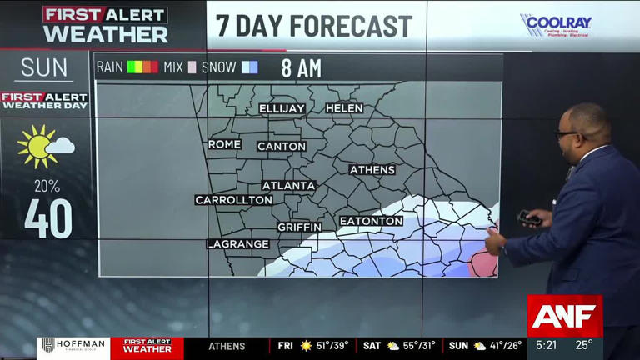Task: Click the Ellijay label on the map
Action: point(282,108)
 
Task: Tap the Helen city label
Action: point(344,108)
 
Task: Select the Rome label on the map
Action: point(224,144)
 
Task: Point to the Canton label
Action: point(282,146)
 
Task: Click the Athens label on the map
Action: point(372,170)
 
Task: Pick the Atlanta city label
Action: point(289,185)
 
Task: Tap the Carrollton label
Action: point(234,200)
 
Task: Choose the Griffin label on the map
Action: point(300,227)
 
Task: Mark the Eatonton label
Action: point(371,221)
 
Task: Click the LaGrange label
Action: point(238,244)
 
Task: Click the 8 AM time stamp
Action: point(301,68)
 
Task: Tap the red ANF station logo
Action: point(564,317)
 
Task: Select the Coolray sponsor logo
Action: point(556,25)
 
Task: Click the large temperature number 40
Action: point(47,218)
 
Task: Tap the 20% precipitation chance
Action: point(47,185)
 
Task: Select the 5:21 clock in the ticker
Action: point(547,345)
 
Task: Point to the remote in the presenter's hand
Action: point(528,218)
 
